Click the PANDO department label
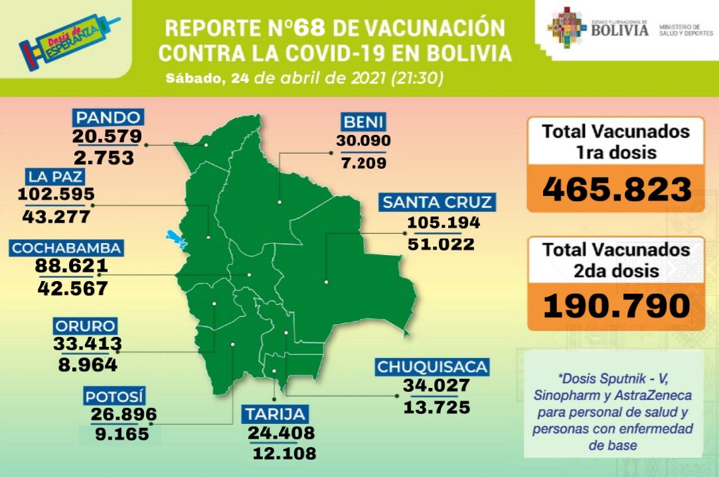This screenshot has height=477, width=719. point(108,118)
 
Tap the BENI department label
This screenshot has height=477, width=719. point(364,122)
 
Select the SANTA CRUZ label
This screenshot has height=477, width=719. point(436,202)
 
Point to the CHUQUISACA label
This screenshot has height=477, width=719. point(432,367)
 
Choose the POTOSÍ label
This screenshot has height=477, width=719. point(115,397)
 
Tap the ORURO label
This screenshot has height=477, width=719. point(86,326)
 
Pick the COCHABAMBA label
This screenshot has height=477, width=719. point(66,248)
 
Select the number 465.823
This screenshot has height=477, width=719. point(617,189)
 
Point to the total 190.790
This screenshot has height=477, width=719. point(617,306)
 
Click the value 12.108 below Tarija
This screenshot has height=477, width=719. point(285,454)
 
